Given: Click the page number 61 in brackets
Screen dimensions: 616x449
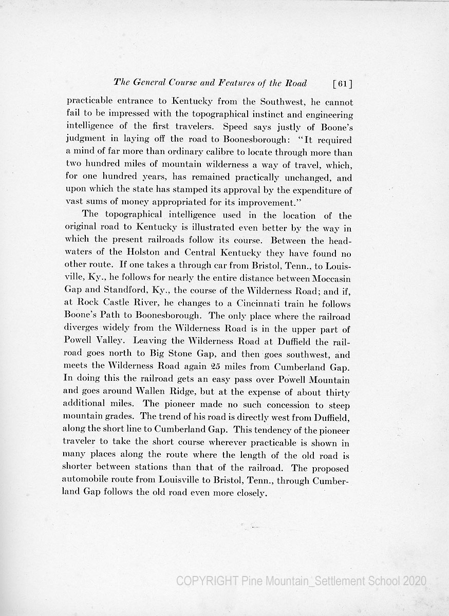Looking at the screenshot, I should coord(342,84).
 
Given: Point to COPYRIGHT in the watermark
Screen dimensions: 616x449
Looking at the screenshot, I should coord(207,581).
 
